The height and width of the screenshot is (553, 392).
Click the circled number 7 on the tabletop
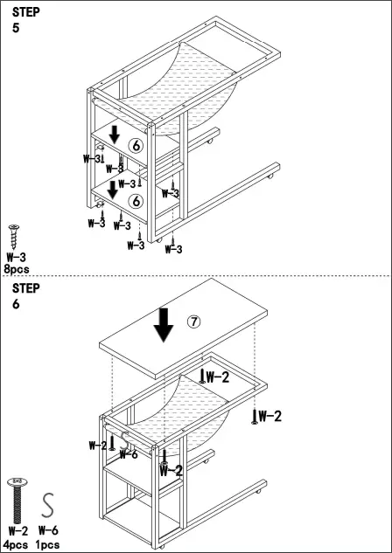(x=194, y=321)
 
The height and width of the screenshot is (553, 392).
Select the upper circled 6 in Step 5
(x=136, y=146)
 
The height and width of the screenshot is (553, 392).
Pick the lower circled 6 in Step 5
(x=136, y=201)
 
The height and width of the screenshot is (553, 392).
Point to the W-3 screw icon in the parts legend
(x=14, y=237)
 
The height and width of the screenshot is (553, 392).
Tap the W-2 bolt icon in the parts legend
(x=16, y=502)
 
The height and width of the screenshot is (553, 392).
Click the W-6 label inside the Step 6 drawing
(x=128, y=453)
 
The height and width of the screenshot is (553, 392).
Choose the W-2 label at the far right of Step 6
(x=269, y=416)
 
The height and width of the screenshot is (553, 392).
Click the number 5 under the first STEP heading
(x=16, y=28)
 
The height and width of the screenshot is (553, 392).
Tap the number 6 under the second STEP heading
(x=16, y=304)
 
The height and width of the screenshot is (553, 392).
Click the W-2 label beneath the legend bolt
(x=17, y=530)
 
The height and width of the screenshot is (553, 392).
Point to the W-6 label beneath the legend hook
(x=49, y=530)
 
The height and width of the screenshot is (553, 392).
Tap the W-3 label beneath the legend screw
(x=16, y=258)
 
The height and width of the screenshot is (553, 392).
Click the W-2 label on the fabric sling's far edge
(x=219, y=377)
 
